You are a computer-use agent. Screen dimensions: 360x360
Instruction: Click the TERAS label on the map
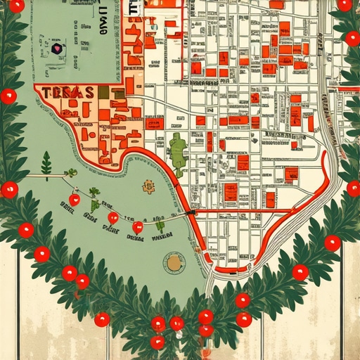point(68,93)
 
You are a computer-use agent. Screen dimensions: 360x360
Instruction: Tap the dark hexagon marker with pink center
point(56,49)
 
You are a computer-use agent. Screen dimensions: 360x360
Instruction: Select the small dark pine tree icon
point(47,165)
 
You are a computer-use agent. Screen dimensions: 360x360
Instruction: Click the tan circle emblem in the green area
point(174,264)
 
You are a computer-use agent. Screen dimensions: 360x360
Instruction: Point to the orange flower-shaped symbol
point(148,186)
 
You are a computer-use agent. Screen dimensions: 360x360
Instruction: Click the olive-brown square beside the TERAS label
point(103,92)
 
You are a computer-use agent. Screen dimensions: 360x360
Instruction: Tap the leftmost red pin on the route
point(75,200)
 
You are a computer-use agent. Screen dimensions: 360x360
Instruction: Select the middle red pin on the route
point(112,217)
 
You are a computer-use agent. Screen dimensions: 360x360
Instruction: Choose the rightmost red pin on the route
point(138,227)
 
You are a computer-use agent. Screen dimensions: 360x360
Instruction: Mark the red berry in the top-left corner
point(17,6)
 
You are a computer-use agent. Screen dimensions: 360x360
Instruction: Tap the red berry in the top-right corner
point(345,6)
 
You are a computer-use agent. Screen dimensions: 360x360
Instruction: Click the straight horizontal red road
point(243,211)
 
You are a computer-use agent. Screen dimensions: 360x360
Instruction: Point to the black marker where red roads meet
point(191,211)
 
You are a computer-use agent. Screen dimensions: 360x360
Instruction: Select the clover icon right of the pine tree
point(70,173)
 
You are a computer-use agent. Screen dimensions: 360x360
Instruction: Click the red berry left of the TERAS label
point(8,96)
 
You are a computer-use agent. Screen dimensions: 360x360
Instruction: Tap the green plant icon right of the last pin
point(160,226)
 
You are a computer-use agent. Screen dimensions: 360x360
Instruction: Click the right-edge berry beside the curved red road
point(354,188)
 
